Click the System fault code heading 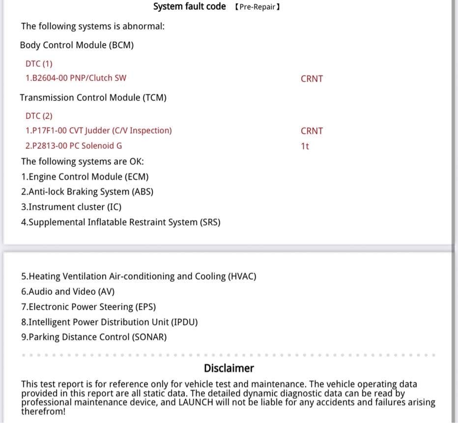click(x=189, y=6)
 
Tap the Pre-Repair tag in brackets click(x=257, y=7)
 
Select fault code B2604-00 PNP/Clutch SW click(x=76, y=78)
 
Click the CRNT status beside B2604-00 click(x=312, y=79)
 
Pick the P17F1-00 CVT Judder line click(x=98, y=131)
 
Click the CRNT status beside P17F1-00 click(x=312, y=131)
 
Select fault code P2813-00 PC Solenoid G click(x=74, y=146)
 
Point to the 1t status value click(x=305, y=146)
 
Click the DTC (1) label click(x=39, y=63)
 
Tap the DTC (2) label click(x=39, y=116)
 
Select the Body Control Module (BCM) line click(x=77, y=45)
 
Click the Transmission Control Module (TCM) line click(x=93, y=98)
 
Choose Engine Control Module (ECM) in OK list click(x=85, y=176)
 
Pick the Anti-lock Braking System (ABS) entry click(x=87, y=192)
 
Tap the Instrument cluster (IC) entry click(x=71, y=207)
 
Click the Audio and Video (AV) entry click(x=67, y=291)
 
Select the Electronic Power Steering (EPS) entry click(x=88, y=307)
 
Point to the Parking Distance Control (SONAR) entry click(x=94, y=337)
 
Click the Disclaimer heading click(x=229, y=368)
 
